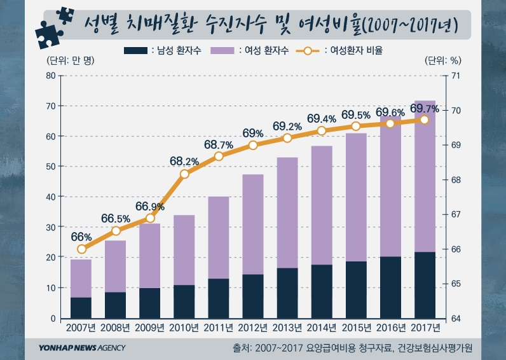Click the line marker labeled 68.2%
point(184,174)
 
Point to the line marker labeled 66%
point(81,249)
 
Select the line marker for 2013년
point(287,138)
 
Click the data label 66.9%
point(150,207)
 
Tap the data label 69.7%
point(425,109)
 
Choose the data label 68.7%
point(219,145)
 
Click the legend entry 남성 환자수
point(164,50)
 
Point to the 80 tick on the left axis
point(51,76)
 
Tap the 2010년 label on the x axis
point(184,328)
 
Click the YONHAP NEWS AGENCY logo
point(81,348)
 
